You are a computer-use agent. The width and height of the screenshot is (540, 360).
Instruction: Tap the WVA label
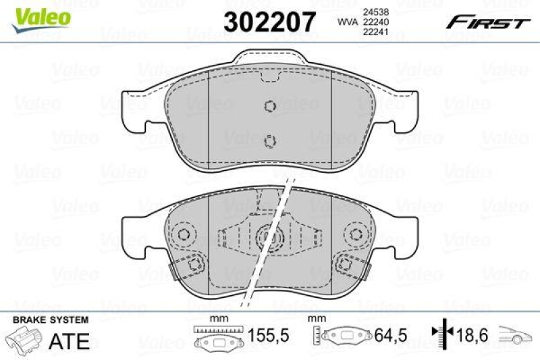tap(348, 22)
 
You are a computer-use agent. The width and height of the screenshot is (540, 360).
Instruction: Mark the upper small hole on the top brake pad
tap(269, 107)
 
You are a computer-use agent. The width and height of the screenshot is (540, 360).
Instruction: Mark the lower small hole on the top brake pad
tap(270, 140)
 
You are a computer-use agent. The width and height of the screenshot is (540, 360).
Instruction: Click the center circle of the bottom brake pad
tap(268, 236)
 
